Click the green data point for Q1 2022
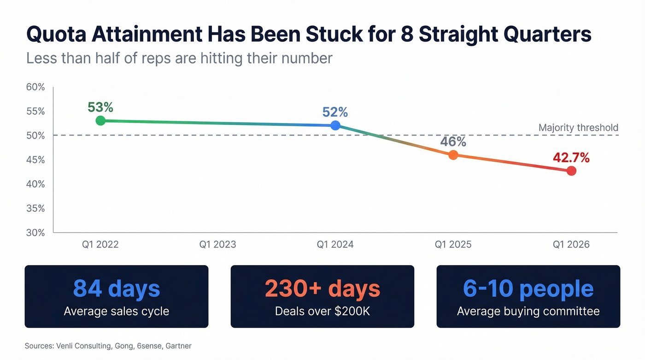point(100,121)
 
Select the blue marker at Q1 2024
point(335,125)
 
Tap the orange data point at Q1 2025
point(453,155)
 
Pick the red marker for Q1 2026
point(571,171)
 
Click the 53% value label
point(100,107)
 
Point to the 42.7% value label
point(571,158)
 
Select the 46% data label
point(453,142)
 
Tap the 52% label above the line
point(335,112)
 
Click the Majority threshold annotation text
point(578,128)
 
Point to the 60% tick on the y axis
point(35,87)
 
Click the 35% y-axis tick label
point(35,208)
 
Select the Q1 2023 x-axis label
point(217,244)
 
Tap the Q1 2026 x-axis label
point(571,244)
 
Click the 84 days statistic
point(117,289)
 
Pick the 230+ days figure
point(322,289)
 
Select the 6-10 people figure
point(528,289)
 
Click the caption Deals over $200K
point(322,311)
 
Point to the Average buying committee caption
point(528,311)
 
